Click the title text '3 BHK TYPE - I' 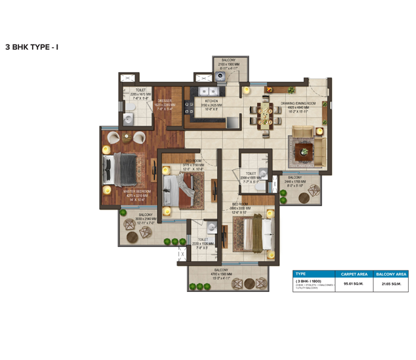32,48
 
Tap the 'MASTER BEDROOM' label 135,191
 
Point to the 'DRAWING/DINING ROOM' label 299,103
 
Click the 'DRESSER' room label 164,101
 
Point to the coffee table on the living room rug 303,151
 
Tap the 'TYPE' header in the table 301,274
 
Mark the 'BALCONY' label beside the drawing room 295,177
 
